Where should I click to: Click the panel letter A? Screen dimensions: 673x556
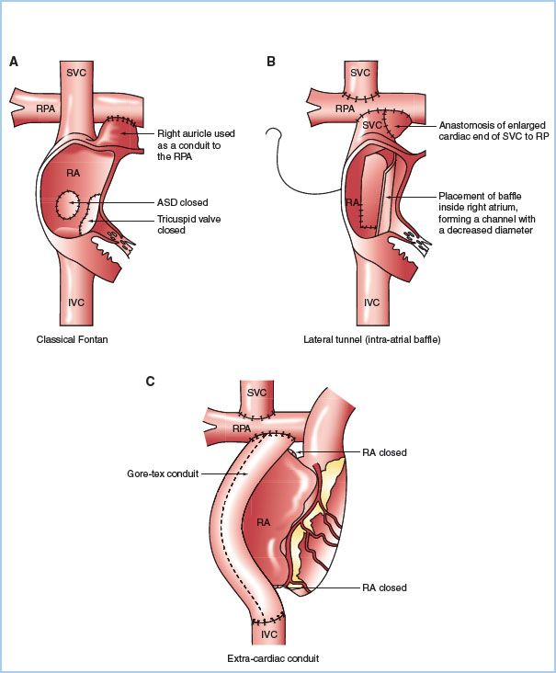tap(14, 62)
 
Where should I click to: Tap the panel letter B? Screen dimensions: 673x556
tap(270, 62)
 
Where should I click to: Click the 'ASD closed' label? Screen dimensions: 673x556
tap(182, 202)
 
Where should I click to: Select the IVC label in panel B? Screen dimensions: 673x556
tap(372, 302)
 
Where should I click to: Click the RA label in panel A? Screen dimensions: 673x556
tap(74, 173)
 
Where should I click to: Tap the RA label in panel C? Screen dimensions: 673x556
tap(264, 522)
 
